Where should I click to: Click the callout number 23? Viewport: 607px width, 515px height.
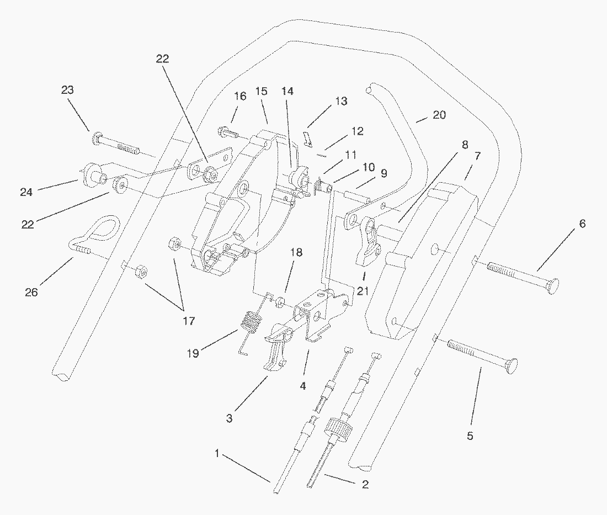point(68,90)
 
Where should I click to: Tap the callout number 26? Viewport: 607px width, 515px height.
point(31,292)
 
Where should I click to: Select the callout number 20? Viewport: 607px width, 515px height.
point(439,115)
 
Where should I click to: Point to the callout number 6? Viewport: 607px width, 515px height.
point(582,224)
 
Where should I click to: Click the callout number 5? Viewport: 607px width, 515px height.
point(470,436)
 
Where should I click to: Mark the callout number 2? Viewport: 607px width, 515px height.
point(365,485)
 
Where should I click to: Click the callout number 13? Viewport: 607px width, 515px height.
point(341,101)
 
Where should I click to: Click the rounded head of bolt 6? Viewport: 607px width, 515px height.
point(550,285)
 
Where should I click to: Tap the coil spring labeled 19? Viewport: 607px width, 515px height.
point(252,322)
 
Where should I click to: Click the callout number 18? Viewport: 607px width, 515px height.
point(297,252)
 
